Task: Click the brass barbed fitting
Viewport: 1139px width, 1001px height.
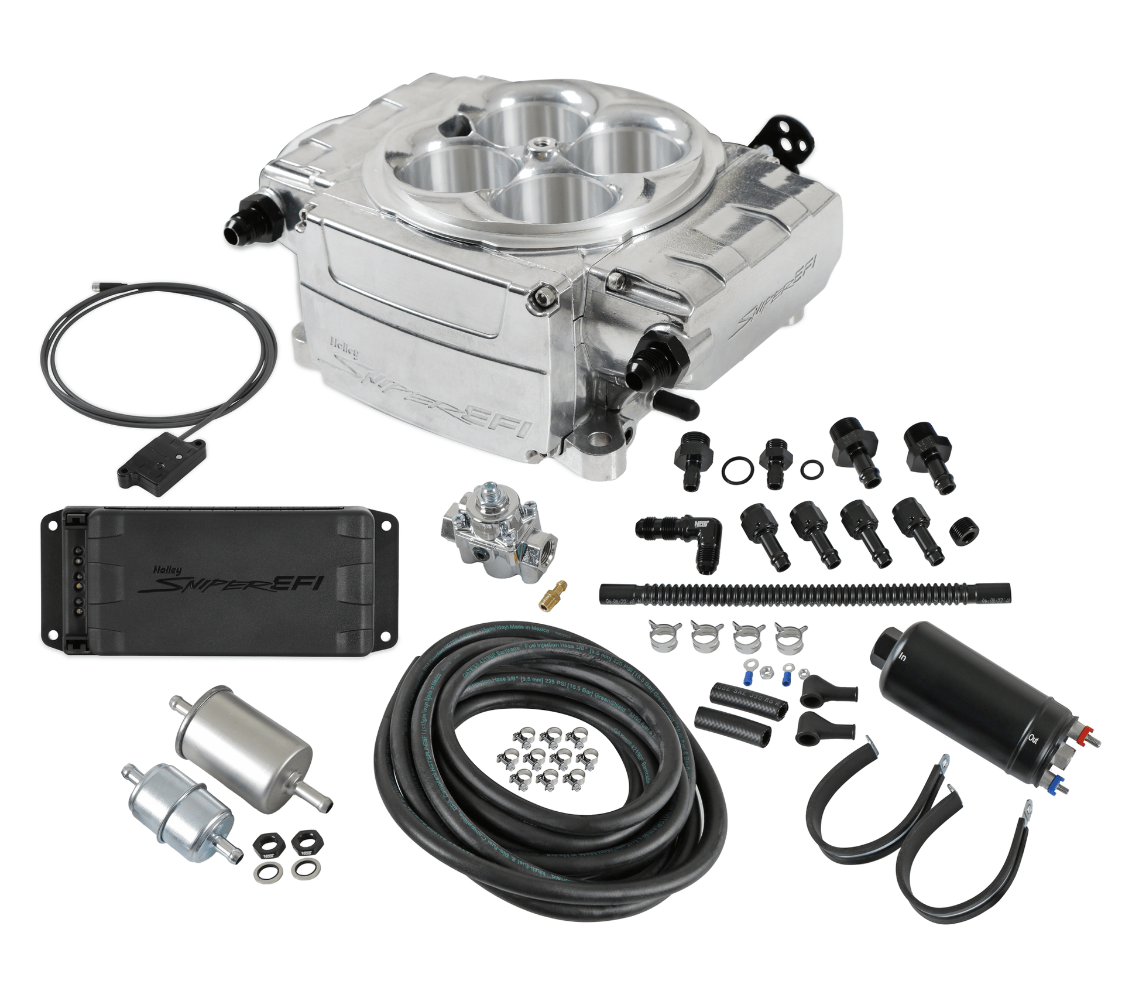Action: [553, 596]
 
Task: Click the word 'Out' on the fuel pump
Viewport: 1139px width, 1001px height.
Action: [1033, 739]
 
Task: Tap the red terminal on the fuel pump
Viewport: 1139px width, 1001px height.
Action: [1087, 732]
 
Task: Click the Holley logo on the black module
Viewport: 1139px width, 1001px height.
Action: [167, 569]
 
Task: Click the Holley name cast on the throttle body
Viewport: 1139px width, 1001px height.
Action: [344, 347]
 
